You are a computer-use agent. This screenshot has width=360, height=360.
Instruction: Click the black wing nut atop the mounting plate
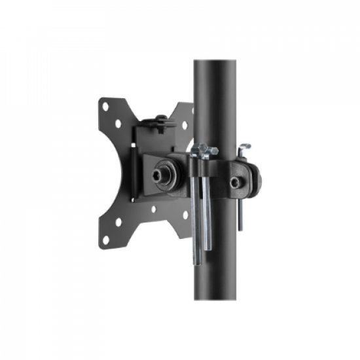[160, 120]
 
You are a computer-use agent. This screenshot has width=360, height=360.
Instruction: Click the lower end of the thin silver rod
[240, 228]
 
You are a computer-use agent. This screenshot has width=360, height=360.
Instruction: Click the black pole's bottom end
[215, 298]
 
